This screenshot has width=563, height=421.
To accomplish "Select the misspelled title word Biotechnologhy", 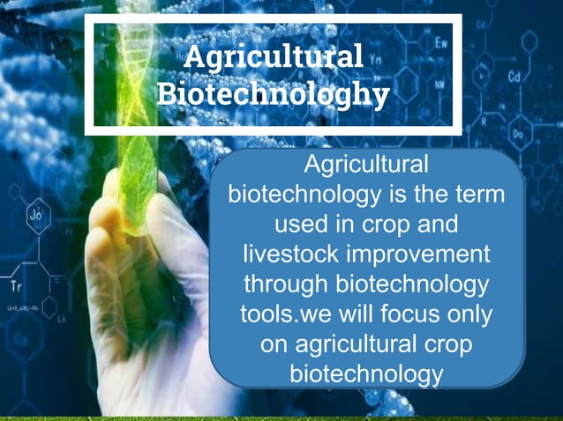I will click(274, 92).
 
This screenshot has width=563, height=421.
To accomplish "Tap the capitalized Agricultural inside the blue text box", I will click(366, 164).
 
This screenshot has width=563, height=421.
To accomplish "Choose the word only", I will click(474, 314).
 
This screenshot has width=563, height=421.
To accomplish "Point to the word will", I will click(360, 314).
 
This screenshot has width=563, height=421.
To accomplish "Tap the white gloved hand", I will click(132, 291).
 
